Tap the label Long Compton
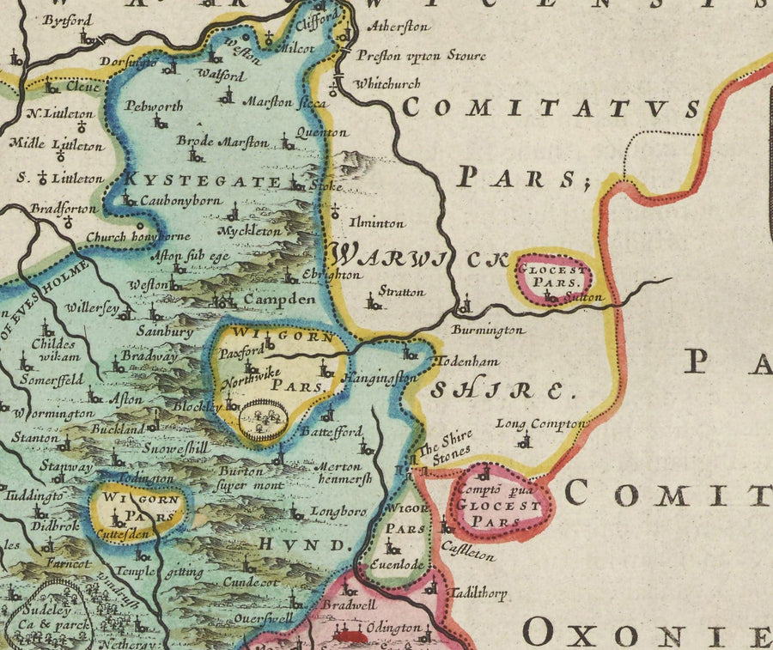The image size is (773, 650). coord(541,424)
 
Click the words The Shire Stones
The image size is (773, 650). coord(444,446)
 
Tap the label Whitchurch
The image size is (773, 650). coord(387,83)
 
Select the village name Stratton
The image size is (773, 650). coord(401,292)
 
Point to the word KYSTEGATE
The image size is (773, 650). coord(203,181)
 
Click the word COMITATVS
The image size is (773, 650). coord(551,108)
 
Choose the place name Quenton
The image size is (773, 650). coord(321,133)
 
